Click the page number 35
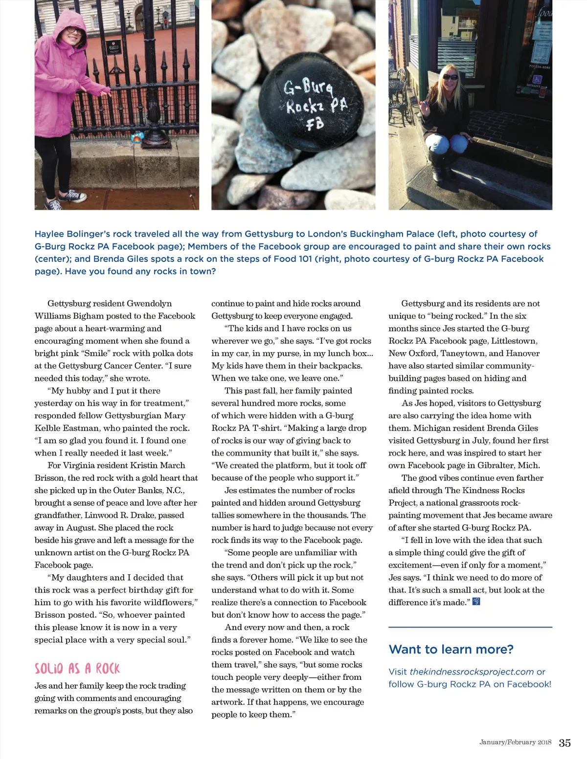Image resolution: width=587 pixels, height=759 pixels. pyautogui.click(x=564, y=743)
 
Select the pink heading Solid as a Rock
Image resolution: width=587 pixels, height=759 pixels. pyautogui.click(x=77, y=669)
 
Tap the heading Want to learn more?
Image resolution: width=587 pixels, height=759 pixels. pyautogui.click(x=451, y=649)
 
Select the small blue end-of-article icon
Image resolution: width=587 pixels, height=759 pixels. pyautogui.click(x=476, y=602)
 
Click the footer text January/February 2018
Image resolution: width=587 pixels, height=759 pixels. pyautogui.click(x=515, y=742)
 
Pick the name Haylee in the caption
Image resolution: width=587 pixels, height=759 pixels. pyautogui.click(x=50, y=234)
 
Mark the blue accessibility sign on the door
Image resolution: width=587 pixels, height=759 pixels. pyautogui.click(x=537, y=79)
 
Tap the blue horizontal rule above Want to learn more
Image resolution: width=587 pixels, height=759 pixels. pyautogui.click(x=470, y=627)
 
